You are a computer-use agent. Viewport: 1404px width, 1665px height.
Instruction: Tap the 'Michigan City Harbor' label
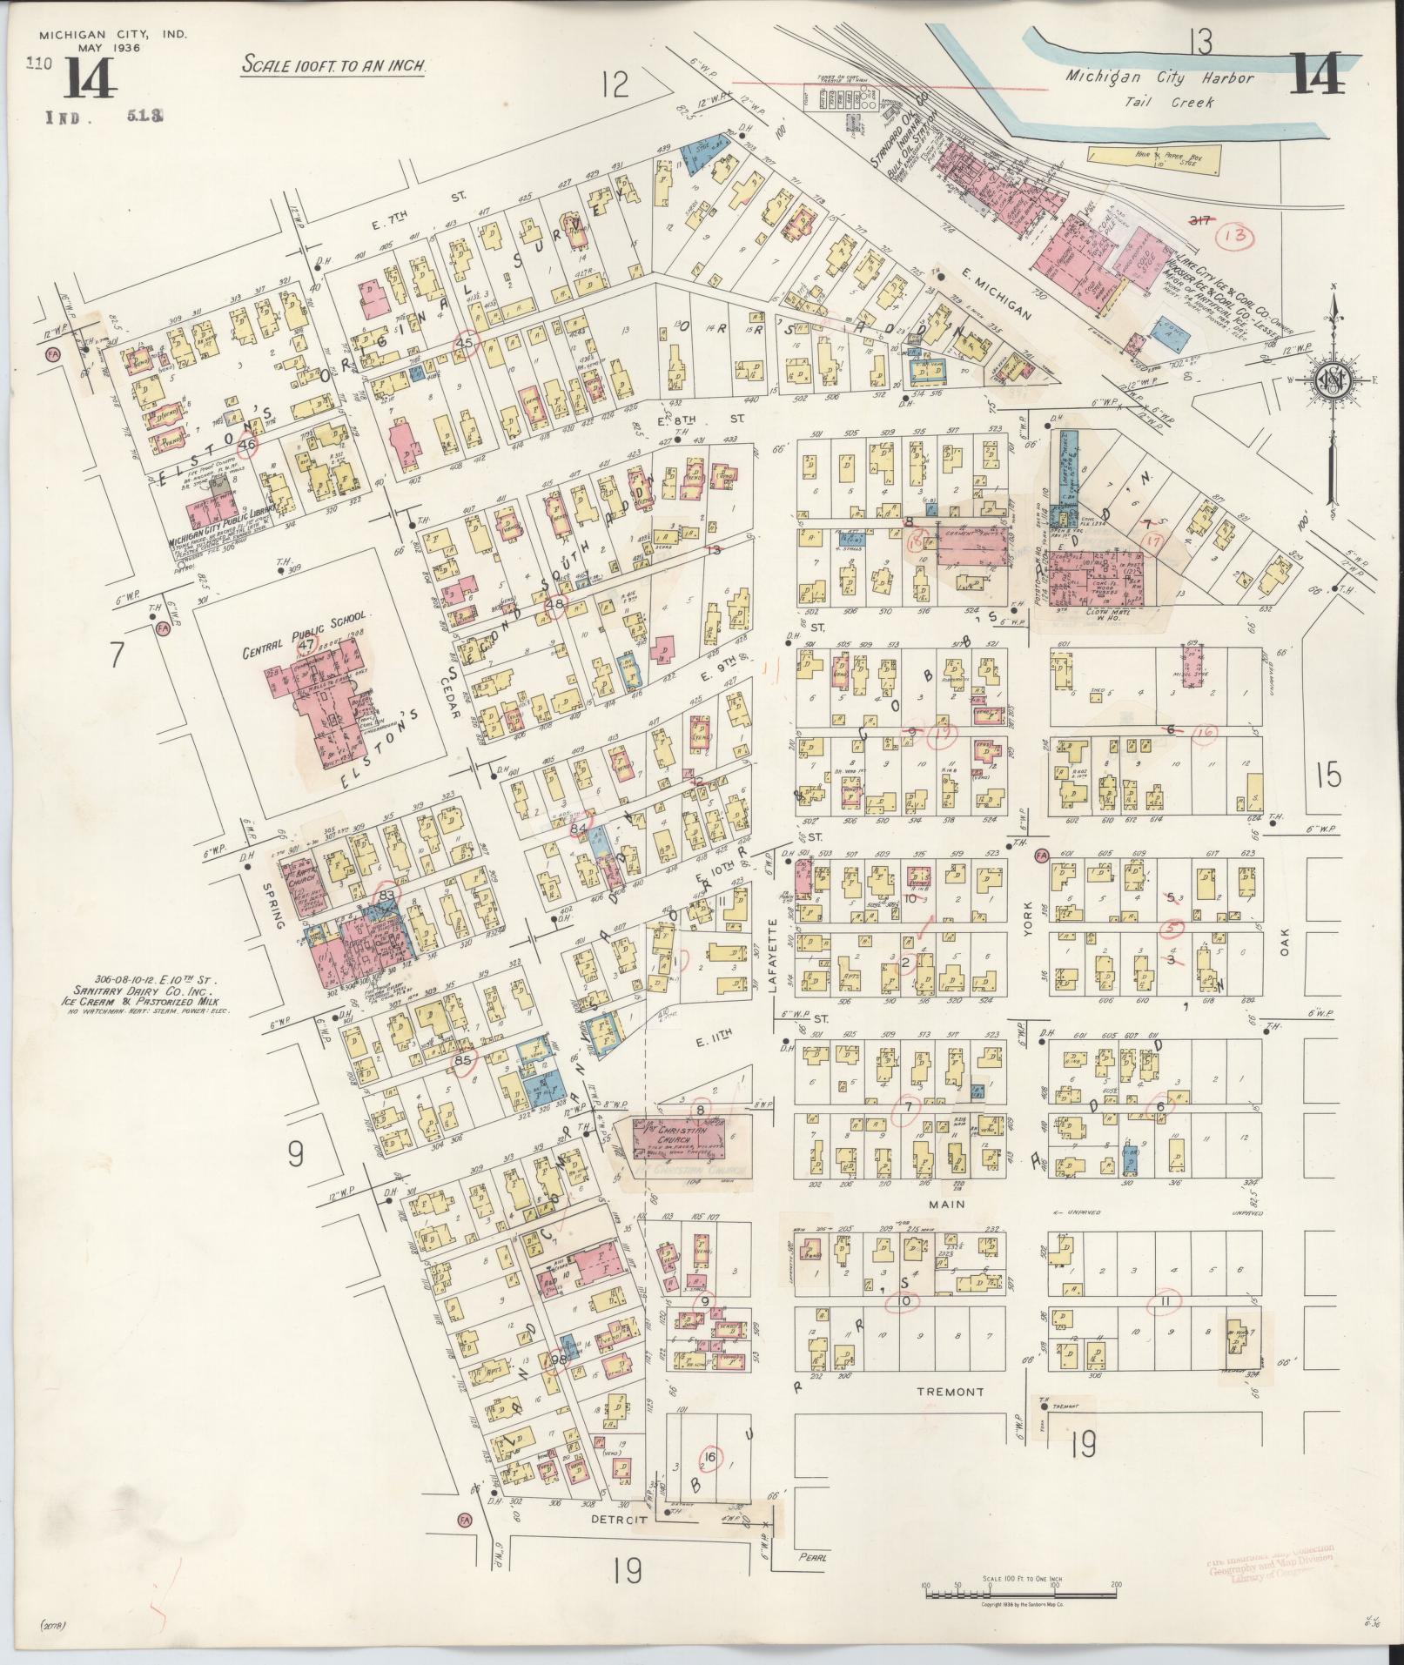tap(1160, 78)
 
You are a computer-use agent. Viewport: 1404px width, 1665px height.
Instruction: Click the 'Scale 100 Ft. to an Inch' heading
tap(334, 64)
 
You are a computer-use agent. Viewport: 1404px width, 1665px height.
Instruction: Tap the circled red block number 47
tap(305, 645)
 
